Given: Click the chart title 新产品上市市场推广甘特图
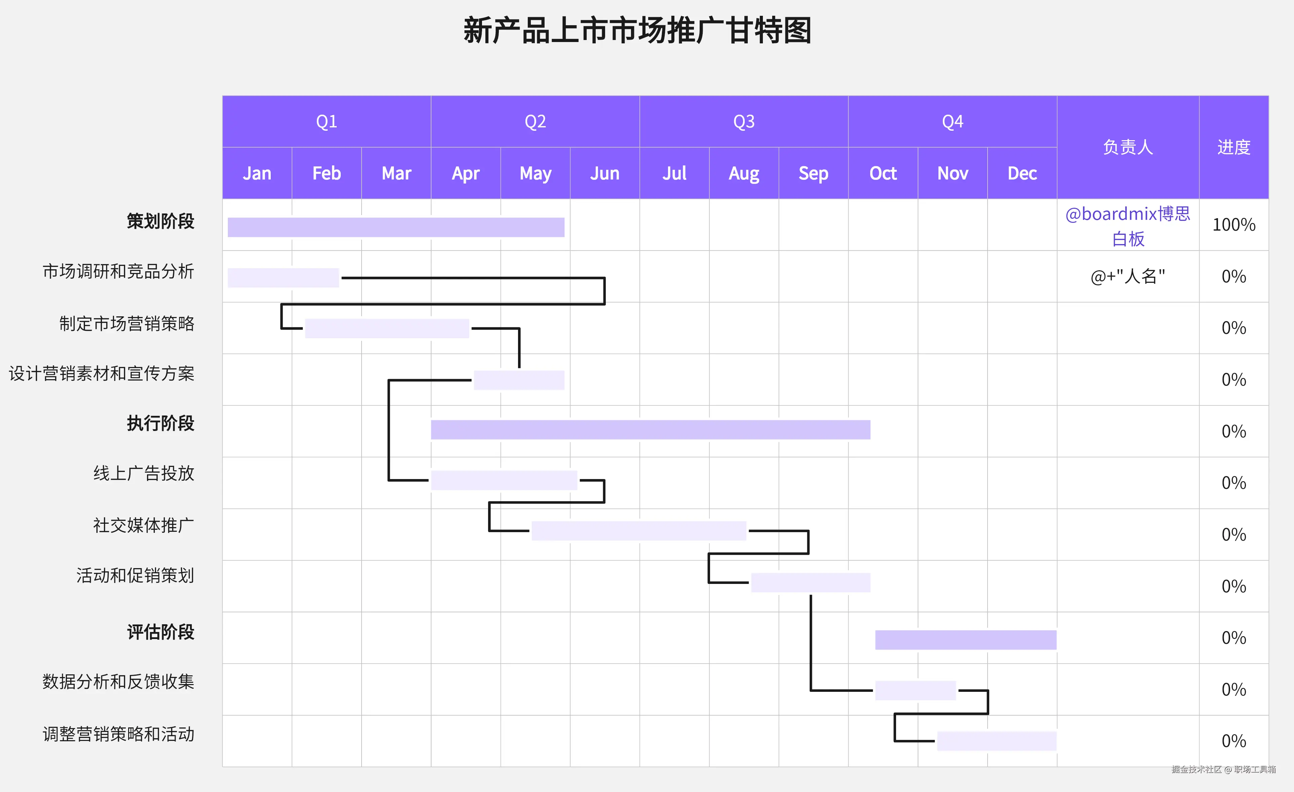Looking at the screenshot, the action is [x=637, y=31].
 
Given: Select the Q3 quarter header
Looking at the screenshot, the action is [x=744, y=122].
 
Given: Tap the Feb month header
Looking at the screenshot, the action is [x=326, y=173].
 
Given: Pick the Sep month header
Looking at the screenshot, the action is [x=813, y=173].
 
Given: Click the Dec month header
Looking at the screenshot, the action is [x=1022, y=173].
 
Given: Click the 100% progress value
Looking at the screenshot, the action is [x=1233, y=225].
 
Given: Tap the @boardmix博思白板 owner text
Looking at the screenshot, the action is [x=1127, y=226].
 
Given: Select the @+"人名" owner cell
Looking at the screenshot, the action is [x=1127, y=276].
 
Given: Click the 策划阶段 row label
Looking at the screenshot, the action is [x=160, y=221].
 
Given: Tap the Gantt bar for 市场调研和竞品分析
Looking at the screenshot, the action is [x=283, y=278].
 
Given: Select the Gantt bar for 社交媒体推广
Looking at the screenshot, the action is [x=639, y=530].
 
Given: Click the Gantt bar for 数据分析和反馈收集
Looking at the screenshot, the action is [x=915, y=690].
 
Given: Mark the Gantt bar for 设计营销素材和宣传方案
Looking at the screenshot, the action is [x=519, y=380].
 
